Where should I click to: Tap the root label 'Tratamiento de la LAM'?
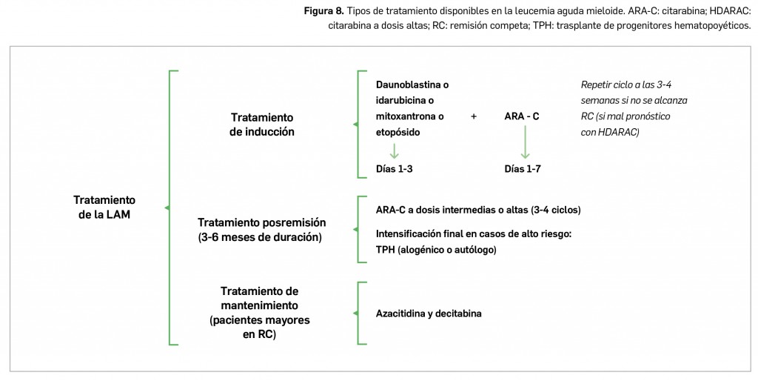tap(104, 207)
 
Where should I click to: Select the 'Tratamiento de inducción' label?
tap(262, 125)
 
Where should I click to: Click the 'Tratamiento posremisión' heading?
tap(262, 222)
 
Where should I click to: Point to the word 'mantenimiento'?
tap(259, 305)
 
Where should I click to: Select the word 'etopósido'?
tap(398, 132)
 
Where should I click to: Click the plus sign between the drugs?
tap(474, 116)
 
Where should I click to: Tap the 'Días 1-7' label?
tap(523, 169)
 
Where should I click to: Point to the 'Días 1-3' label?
tap(395, 169)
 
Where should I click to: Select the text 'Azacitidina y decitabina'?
tap(429, 314)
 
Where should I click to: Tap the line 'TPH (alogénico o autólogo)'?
tap(436, 250)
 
